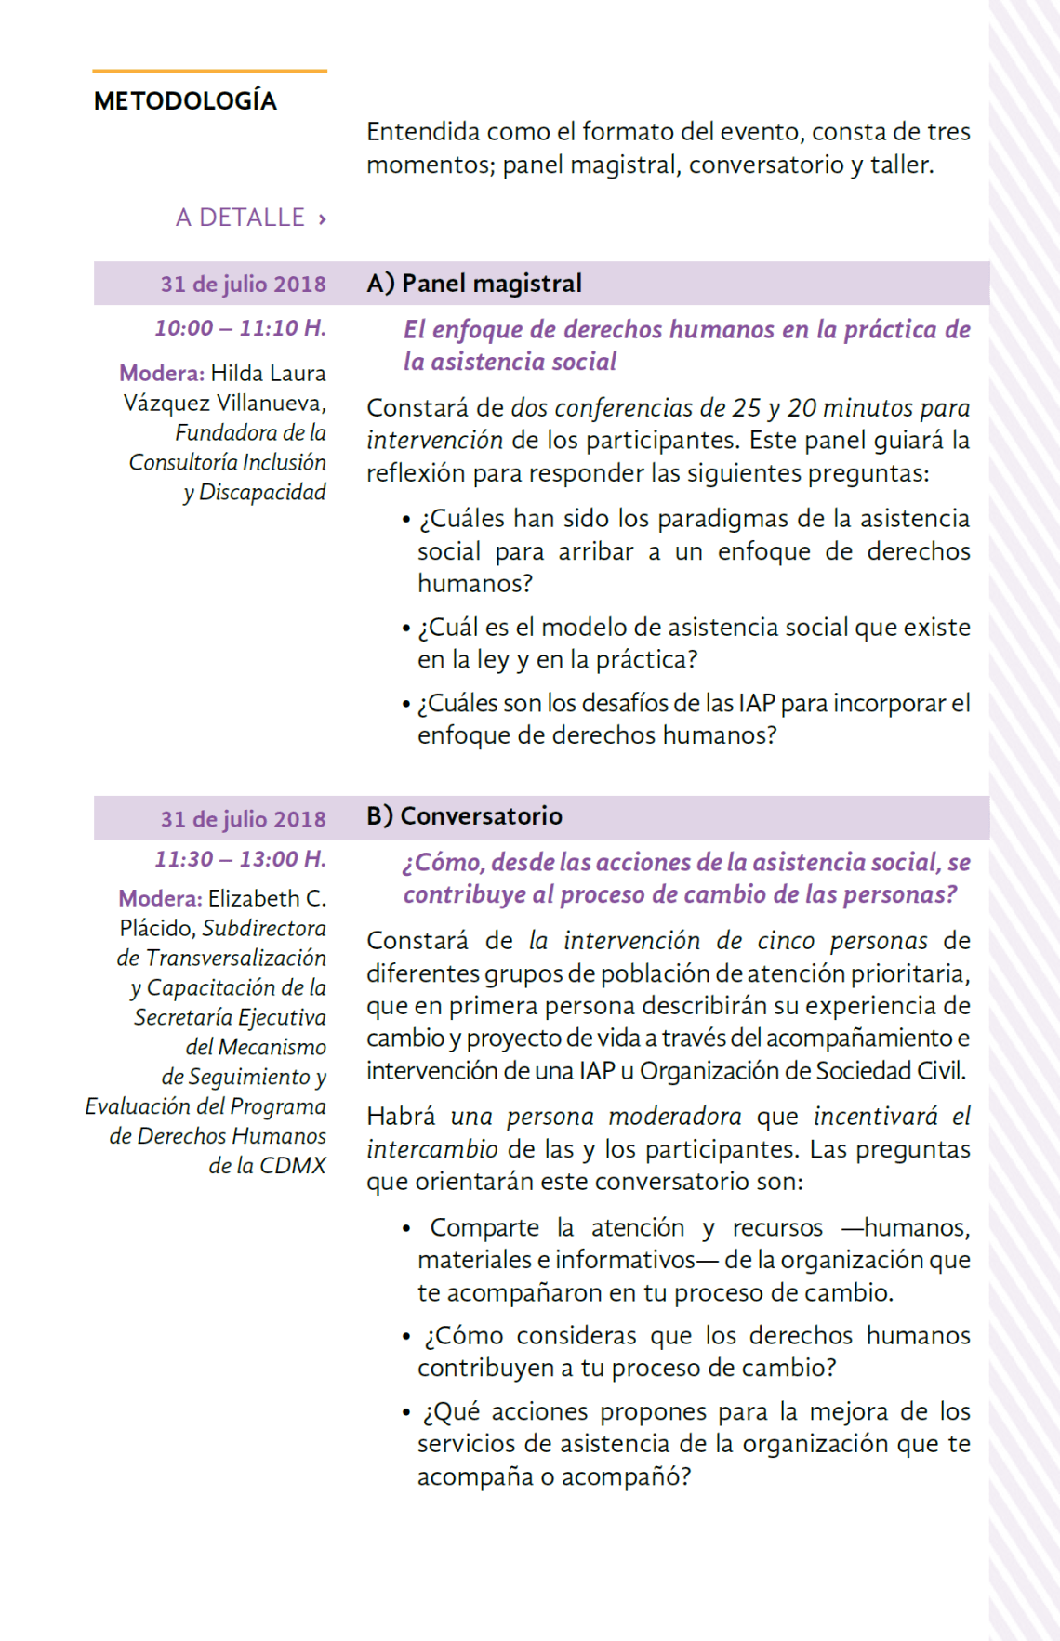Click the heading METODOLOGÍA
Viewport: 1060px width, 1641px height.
pyautogui.click(x=185, y=101)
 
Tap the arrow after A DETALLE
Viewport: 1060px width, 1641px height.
pyautogui.click(x=322, y=219)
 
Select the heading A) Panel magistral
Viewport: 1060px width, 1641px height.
pyautogui.click(x=474, y=284)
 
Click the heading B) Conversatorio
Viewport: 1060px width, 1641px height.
pyautogui.click(x=464, y=816)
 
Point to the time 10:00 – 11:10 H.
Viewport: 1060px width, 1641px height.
pyautogui.click(x=240, y=328)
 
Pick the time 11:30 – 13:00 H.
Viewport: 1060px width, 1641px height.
pyautogui.click(x=240, y=859)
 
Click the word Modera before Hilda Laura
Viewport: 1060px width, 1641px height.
pyautogui.click(x=160, y=374)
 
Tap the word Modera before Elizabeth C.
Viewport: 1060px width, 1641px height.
pyautogui.click(x=159, y=899)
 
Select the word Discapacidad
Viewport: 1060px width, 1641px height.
pyautogui.click(x=262, y=493)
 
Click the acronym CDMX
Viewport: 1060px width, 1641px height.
pyautogui.click(x=293, y=1166)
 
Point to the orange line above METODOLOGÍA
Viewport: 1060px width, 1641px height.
pyautogui.click(x=209, y=71)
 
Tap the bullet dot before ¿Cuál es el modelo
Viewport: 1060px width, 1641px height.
pyautogui.click(x=406, y=629)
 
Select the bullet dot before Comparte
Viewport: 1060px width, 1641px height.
pyautogui.click(x=406, y=1229)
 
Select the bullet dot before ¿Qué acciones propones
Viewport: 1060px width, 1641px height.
pyautogui.click(x=406, y=1413)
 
